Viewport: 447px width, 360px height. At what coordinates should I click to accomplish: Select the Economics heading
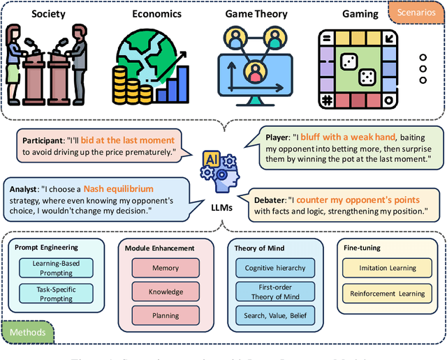click(158, 13)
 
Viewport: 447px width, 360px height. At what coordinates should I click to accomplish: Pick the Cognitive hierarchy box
click(274, 268)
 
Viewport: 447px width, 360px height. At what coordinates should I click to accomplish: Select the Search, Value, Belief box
click(274, 315)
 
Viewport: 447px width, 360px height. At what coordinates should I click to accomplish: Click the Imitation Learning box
click(388, 268)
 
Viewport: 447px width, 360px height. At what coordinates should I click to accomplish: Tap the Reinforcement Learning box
click(388, 294)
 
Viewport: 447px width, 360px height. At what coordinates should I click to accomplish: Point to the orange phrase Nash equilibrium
click(118, 188)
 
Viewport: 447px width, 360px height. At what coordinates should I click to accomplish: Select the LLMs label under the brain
click(221, 209)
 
